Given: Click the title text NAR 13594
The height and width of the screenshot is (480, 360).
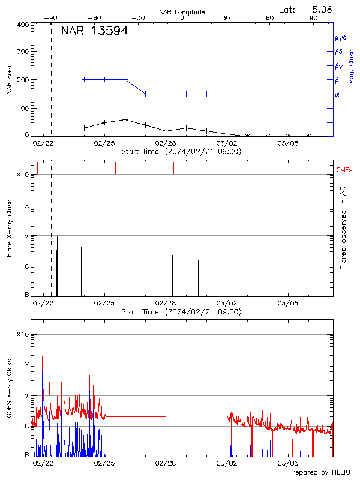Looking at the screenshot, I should click(94, 31).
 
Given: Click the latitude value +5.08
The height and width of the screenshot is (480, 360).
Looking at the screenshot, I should click(318, 9).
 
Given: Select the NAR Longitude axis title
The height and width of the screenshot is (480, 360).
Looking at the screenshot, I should click(182, 12).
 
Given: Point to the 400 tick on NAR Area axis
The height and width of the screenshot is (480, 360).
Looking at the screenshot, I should click(23, 25).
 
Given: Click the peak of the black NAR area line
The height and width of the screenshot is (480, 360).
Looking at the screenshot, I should click(125, 119).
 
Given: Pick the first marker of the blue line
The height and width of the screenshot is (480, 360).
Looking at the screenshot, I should click(84, 79).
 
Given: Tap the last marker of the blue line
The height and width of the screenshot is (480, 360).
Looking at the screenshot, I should click(227, 94).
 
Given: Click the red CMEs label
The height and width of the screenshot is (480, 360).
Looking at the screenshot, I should click(345, 170).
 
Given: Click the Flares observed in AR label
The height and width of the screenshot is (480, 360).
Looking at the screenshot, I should click(343, 228).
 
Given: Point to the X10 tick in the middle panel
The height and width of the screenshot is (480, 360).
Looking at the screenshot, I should click(22, 175).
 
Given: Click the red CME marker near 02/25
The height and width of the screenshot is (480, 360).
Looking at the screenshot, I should click(115, 168).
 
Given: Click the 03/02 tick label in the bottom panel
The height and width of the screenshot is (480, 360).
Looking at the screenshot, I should click(227, 463).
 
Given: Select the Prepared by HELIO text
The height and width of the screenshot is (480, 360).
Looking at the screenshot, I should click(319, 473).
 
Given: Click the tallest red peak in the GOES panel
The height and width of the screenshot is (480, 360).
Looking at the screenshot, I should click(43, 356).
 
